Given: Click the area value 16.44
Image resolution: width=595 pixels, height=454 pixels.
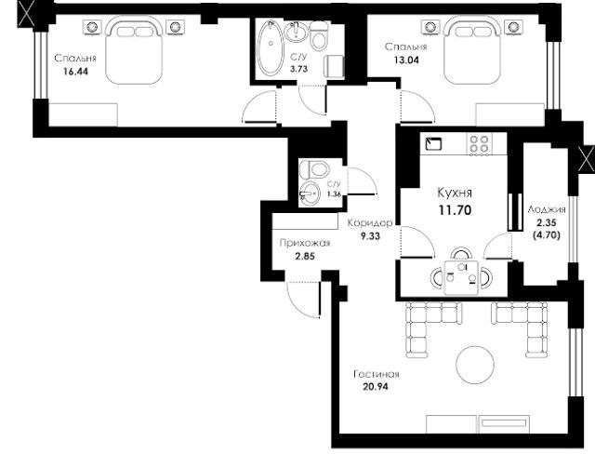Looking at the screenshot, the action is point(76,72).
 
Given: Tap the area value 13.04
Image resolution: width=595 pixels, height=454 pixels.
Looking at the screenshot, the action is point(406,60).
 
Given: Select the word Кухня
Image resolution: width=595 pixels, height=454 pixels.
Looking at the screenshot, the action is point(455,193).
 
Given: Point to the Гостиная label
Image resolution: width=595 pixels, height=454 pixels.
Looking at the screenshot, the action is point(377,374).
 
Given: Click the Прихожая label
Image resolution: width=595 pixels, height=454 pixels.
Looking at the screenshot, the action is point(305,243).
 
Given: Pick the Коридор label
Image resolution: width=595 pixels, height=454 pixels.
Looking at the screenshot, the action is point(370,223).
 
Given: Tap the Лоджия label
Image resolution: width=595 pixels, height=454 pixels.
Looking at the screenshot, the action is point(547,209).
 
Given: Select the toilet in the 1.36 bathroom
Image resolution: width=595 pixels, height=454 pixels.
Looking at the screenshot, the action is point(313,169).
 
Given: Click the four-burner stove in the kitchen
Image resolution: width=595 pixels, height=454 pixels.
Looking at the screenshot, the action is point(480,144).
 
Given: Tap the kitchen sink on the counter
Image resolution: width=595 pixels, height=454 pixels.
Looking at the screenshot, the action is point(434,144).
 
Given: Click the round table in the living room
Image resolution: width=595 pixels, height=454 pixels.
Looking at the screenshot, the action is point(475,365).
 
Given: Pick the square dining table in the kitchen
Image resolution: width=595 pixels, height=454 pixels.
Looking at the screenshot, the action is point(461,277).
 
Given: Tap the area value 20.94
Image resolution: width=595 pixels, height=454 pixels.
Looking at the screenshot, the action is point(376,387).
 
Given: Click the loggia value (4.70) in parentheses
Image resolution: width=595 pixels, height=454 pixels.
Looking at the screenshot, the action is point(547,235).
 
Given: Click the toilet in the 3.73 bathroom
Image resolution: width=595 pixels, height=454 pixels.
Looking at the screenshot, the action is point(319,35).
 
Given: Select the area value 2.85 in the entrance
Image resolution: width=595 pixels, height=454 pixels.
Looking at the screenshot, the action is point(305,256).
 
